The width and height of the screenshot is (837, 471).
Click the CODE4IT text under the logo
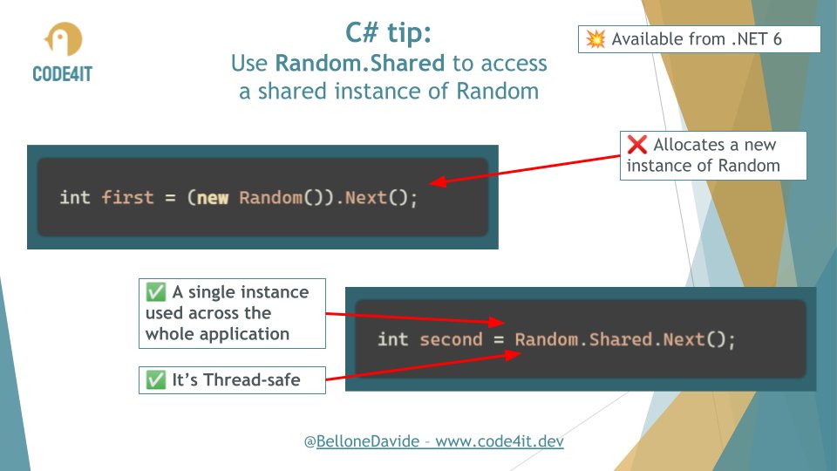(x=62, y=72)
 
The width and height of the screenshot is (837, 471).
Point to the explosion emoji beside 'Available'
(x=596, y=39)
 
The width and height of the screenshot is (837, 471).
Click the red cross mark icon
(x=636, y=146)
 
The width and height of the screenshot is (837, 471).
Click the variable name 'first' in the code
(x=127, y=197)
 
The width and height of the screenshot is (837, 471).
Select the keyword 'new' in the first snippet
(x=213, y=197)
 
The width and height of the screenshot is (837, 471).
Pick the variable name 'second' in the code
(x=451, y=338)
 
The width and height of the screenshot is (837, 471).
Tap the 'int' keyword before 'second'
(x=392, y=338)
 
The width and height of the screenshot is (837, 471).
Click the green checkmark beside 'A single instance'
(x=155, y=292)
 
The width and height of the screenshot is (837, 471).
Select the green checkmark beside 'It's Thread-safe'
(x=155, y=379)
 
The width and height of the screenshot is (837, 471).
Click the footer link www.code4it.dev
(x=500, y=441)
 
